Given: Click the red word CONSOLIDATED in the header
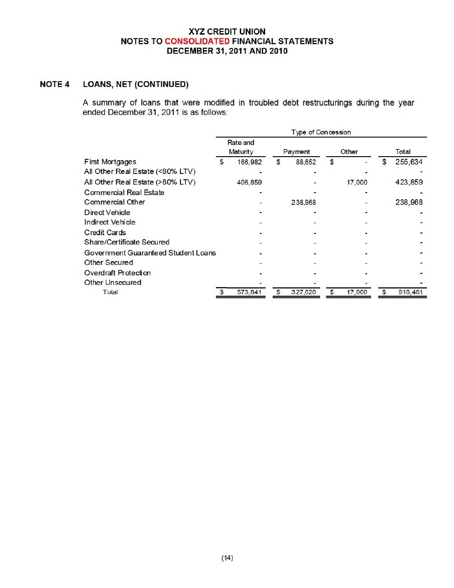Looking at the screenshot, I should (197, 41).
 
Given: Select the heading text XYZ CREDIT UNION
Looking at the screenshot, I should (227, 32).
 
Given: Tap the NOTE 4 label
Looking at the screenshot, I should (55, 84).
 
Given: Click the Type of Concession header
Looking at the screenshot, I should (321, 132).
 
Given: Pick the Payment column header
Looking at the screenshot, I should (297, 152).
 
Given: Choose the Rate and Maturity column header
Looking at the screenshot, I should (241, 147).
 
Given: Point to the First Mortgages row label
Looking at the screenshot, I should (110, 162).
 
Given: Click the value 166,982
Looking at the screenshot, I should (249, 162).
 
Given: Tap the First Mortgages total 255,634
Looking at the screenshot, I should (409, 162).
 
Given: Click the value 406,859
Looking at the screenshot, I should (249, 182).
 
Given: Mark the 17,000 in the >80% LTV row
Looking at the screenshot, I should (356, 182).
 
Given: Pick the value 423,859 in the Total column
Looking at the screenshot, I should (409, 182).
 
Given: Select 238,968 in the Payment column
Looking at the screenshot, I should (303, 202).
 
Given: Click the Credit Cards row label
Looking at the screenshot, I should (105, 233).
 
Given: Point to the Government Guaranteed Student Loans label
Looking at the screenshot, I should (150, 253).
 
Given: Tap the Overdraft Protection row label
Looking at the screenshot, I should (117, 273).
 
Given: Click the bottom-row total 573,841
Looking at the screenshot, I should (249, 292).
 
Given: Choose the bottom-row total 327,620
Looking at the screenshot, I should (303, 292).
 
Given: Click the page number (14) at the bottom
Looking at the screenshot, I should (227, 558).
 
